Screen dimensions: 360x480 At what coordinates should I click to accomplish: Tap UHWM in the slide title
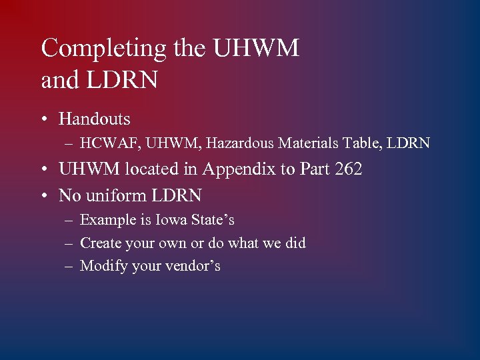[x=256, y=49]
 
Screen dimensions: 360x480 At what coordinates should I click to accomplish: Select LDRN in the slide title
[x=123, y=80]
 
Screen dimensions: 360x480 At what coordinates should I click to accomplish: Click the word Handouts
[x=95, y=119]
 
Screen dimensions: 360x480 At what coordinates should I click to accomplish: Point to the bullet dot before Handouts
[x=43, y=120]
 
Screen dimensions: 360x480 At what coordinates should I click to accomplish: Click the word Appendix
[x=238, y=170]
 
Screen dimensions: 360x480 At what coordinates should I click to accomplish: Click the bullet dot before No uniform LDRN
[x=43, y=196]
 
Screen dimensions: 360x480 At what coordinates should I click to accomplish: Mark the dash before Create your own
[x=69, y=243]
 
